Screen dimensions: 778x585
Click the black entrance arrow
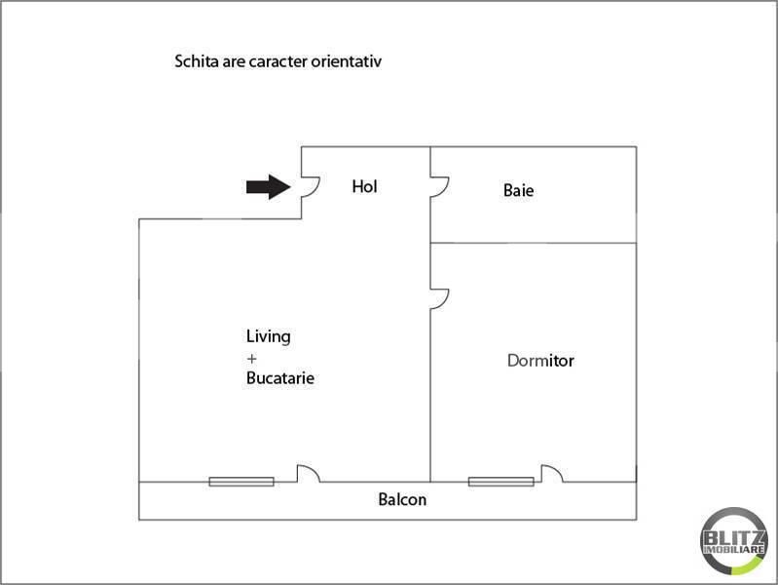tap(269, 187)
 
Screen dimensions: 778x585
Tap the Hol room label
tap(364, 186)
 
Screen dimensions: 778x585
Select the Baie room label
tap(518, 190)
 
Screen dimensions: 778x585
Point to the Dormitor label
tap(540, 361)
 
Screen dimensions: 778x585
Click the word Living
tap(269, 337)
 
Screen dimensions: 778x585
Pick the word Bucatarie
tap(280, 378)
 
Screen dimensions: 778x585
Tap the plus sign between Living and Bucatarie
tap(251, 359)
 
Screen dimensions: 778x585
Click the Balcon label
tap(402, 499)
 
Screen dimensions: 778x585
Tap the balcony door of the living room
tap(314, 470)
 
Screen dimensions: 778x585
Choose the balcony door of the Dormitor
tap(557, 470)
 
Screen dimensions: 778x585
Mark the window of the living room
tap(241, 482)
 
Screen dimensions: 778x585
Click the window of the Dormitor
tap(501, 482)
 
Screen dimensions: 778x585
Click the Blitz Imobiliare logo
tap(734, 542)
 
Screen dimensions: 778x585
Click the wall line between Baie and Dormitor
tap(533, 243)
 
